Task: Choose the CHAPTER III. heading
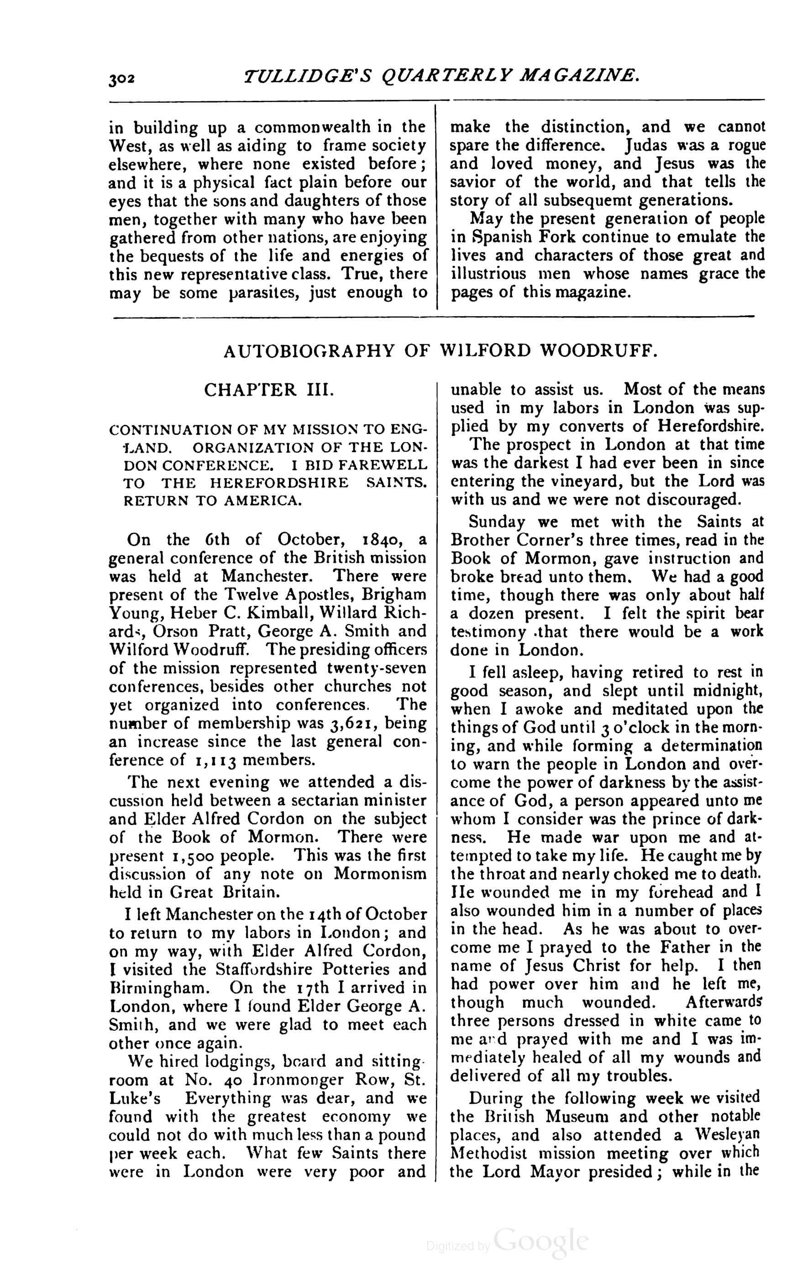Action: coord(269,391)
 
